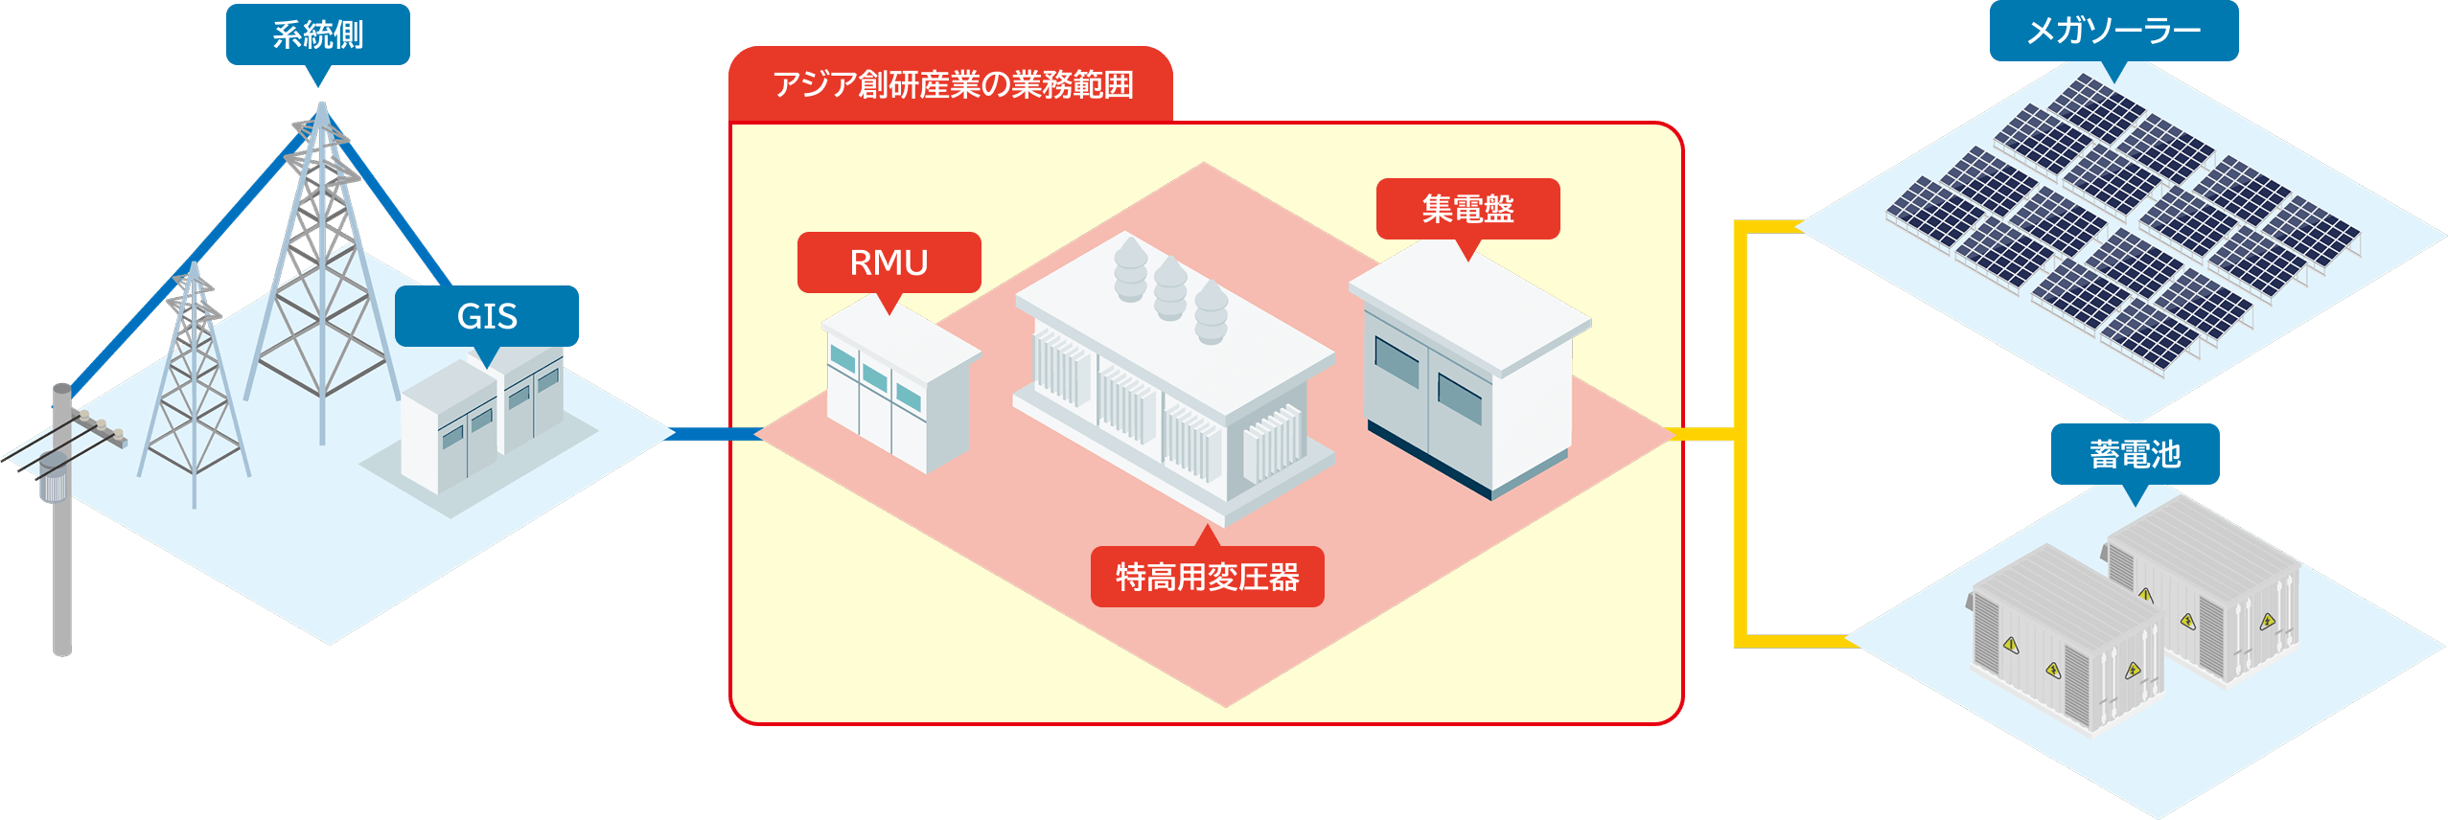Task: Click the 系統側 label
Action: click(x=317, y=35)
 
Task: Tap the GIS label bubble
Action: click(x=487, y=316)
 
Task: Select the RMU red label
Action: click(x=889, y=262)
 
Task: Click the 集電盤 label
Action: click(x=1467, y=209)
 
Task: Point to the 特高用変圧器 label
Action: click(x=1207, y=577)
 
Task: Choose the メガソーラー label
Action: click(x=2113, y=32)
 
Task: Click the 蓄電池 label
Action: click(x=2135, y=454)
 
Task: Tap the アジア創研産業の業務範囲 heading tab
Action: click(x=952, y=85)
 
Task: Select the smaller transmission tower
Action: click(x=194, y=383)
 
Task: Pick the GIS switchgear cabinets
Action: click(x=479, y=421)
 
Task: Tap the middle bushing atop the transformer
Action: click(x=1170, y=287)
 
